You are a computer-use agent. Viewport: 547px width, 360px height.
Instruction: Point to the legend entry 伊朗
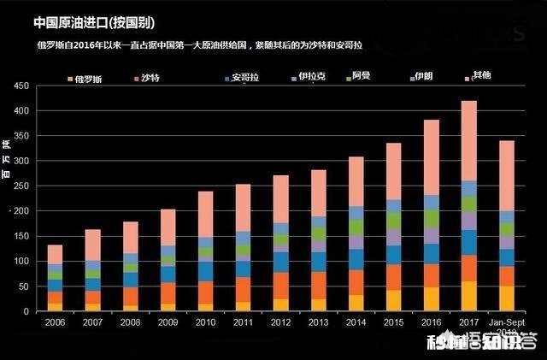(x=428, y=77)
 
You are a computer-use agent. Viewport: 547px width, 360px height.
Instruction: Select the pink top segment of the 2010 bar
(x=205, y=214)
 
